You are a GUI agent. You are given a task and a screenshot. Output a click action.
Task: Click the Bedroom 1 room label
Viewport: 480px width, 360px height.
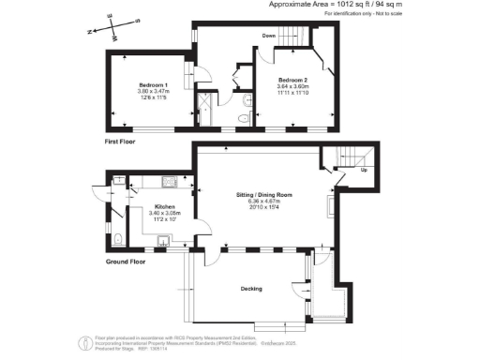(x=152, y=85)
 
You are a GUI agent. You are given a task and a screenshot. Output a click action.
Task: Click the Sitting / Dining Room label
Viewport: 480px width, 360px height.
(x=264, y=195)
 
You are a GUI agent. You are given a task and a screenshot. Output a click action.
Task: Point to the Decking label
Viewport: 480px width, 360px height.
(x=252, y=289)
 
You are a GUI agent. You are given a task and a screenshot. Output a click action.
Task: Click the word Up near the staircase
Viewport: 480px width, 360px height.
(x=363, y=172)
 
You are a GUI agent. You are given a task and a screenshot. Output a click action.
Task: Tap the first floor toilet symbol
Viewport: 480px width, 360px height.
(x=241, y=117)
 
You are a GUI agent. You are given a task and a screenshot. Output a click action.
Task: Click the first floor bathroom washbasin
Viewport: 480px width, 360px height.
(x=246, y=99)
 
